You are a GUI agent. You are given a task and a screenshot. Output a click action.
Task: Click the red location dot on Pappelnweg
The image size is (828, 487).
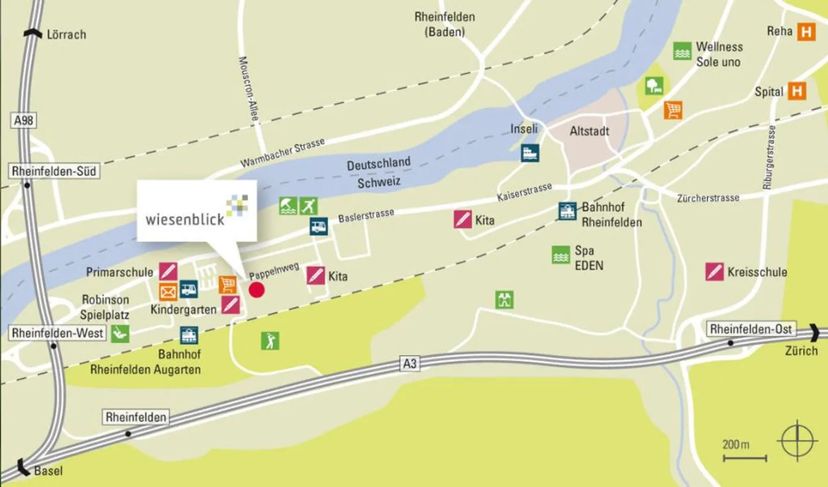click(256, 290)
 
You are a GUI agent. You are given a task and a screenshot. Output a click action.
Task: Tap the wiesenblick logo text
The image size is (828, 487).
click(185, 219)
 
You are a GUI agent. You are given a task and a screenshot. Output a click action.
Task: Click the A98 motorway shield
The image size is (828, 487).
click(24, 120)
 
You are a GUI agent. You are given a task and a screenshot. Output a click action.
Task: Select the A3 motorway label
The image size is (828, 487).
click(409, 363)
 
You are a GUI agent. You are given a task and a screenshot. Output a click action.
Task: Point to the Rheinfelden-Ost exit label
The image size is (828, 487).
click(751, 329)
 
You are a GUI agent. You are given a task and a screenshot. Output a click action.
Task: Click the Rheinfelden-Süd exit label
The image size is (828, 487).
click(54, 171)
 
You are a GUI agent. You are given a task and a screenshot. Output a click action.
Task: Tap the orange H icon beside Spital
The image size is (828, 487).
click(797, 91)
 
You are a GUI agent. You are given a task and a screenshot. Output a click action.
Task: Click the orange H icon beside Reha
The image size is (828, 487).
click(806, 32)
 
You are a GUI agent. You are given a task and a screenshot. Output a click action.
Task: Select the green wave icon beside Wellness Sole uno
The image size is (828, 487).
click(682, 51)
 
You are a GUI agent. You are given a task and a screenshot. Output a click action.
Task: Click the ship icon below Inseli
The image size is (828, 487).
click(530, 153)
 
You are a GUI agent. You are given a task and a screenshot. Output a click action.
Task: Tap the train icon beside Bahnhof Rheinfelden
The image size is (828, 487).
click(568, 211)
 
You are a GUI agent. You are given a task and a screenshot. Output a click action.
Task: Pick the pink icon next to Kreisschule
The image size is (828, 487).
click(714, 271)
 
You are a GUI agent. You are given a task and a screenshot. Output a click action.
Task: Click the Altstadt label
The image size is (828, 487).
click(589, 131)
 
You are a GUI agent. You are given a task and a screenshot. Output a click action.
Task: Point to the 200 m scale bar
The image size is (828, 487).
click(745, 458)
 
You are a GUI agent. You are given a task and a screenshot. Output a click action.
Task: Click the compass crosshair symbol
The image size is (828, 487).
click(798, 441)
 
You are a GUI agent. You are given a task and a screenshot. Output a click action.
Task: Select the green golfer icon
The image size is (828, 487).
click(270, 340)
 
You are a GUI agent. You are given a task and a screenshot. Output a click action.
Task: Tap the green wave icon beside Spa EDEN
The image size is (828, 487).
click(561, 255)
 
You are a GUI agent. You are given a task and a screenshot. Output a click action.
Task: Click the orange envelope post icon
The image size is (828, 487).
click(168, 292)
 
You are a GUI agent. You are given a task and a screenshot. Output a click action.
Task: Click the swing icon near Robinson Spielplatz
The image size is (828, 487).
click(120, 333)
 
